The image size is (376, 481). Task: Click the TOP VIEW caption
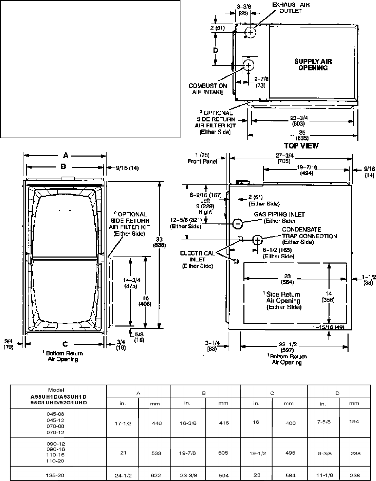click(x=301, y=145)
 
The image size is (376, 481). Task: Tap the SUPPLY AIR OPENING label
click(x=313, y=64)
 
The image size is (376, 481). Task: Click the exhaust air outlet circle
click(x=250, y=32)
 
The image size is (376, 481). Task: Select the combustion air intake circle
click(x=249, y=65)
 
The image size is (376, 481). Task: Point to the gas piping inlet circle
click(x=238, y=223)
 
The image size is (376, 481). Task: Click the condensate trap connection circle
click(x=257, y=240)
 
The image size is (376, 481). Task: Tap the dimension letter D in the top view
click(x=216, y=50)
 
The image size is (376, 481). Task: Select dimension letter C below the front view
click(x=65, y=344)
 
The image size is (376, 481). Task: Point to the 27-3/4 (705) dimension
click(x=283, y=158)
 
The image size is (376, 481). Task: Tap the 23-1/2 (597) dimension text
click(x=287, y=347)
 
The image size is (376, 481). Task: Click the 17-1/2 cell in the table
click(x=123, y=423)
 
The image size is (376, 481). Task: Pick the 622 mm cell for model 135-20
click(x=156, y=475)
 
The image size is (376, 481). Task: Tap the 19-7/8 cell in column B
click(x=187, y=453)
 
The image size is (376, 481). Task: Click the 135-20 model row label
click(x=56, y=475)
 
